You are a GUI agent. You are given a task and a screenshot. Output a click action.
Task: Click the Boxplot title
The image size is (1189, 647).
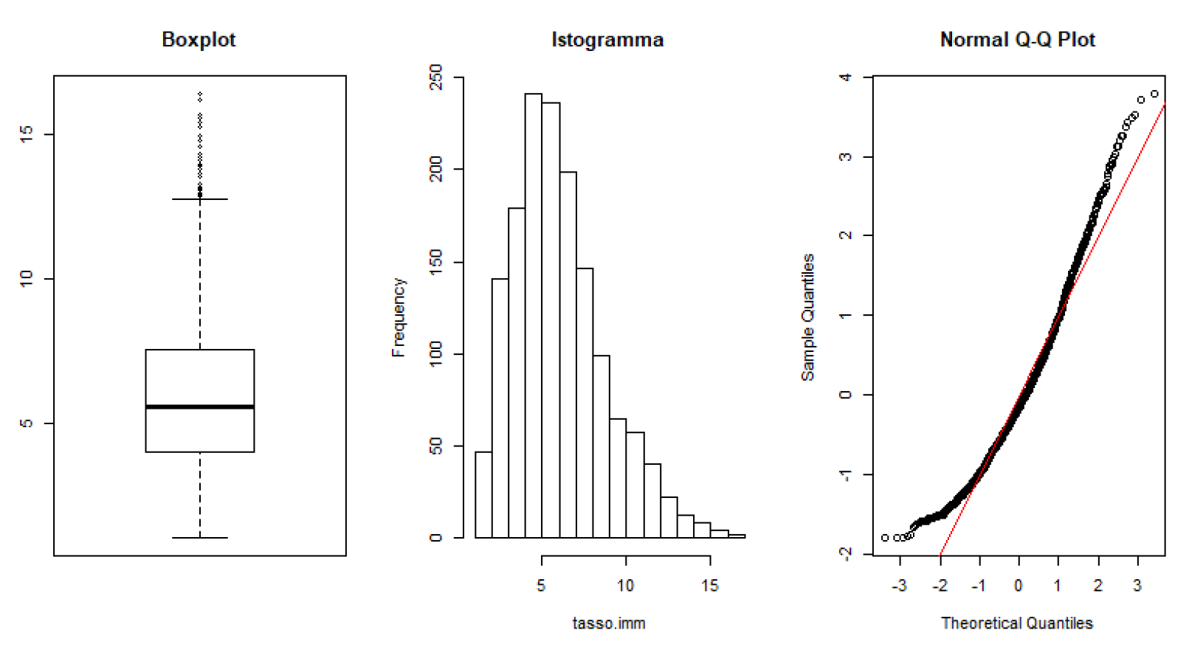[199, 40]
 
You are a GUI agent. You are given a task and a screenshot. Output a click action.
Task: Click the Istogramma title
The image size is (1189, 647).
[607, 40]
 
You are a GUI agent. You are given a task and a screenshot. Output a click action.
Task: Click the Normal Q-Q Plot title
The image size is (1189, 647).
[1017, 40]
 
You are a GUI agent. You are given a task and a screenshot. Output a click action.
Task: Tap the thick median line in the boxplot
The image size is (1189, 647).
[200, 406]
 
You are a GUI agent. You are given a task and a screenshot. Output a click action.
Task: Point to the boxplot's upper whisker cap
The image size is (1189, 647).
[200, 199]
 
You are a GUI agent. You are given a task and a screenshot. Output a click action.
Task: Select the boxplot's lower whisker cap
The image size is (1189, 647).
[200, 538]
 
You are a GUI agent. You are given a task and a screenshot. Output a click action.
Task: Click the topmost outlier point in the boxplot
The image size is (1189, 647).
[200, 94]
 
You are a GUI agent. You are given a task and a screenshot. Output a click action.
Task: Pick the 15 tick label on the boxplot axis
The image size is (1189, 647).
[27, 134]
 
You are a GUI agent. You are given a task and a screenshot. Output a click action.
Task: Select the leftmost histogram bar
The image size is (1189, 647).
[483, 494]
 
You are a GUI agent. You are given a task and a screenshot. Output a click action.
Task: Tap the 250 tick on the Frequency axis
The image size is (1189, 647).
[436, 77]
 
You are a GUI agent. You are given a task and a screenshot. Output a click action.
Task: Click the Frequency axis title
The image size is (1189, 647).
[399, 317]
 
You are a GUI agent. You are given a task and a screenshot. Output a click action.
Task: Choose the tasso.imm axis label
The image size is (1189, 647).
[609, 623]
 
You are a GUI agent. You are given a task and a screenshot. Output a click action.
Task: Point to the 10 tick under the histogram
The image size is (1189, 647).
[625, 586]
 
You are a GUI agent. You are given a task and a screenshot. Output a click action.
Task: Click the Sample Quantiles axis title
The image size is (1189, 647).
[808, 317]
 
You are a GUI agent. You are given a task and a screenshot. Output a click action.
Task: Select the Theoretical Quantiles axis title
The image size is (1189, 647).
[1017, 623]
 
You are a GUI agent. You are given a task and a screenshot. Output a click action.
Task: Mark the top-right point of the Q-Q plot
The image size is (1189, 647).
[1155, 94]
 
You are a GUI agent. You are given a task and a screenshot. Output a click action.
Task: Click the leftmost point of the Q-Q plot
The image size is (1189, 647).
[885, 538]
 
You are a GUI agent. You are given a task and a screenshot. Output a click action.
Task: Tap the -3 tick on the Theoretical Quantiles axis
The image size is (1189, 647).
[899, 586]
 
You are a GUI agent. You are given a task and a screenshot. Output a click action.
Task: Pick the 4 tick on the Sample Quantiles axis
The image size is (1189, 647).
[846, 77]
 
